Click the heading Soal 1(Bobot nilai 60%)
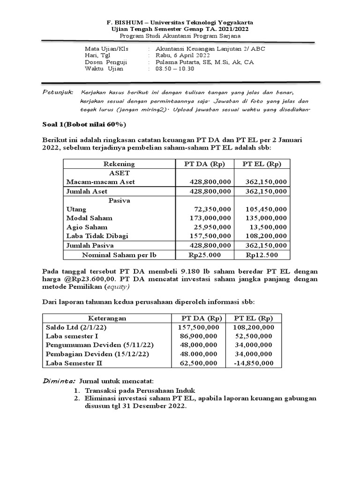point(84,124)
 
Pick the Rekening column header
point(119,164)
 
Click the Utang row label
point(76,209)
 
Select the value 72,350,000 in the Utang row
point(212,209)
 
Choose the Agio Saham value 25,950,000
point(212,227)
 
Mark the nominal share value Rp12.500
point(262,255)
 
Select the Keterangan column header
point(107,318)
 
